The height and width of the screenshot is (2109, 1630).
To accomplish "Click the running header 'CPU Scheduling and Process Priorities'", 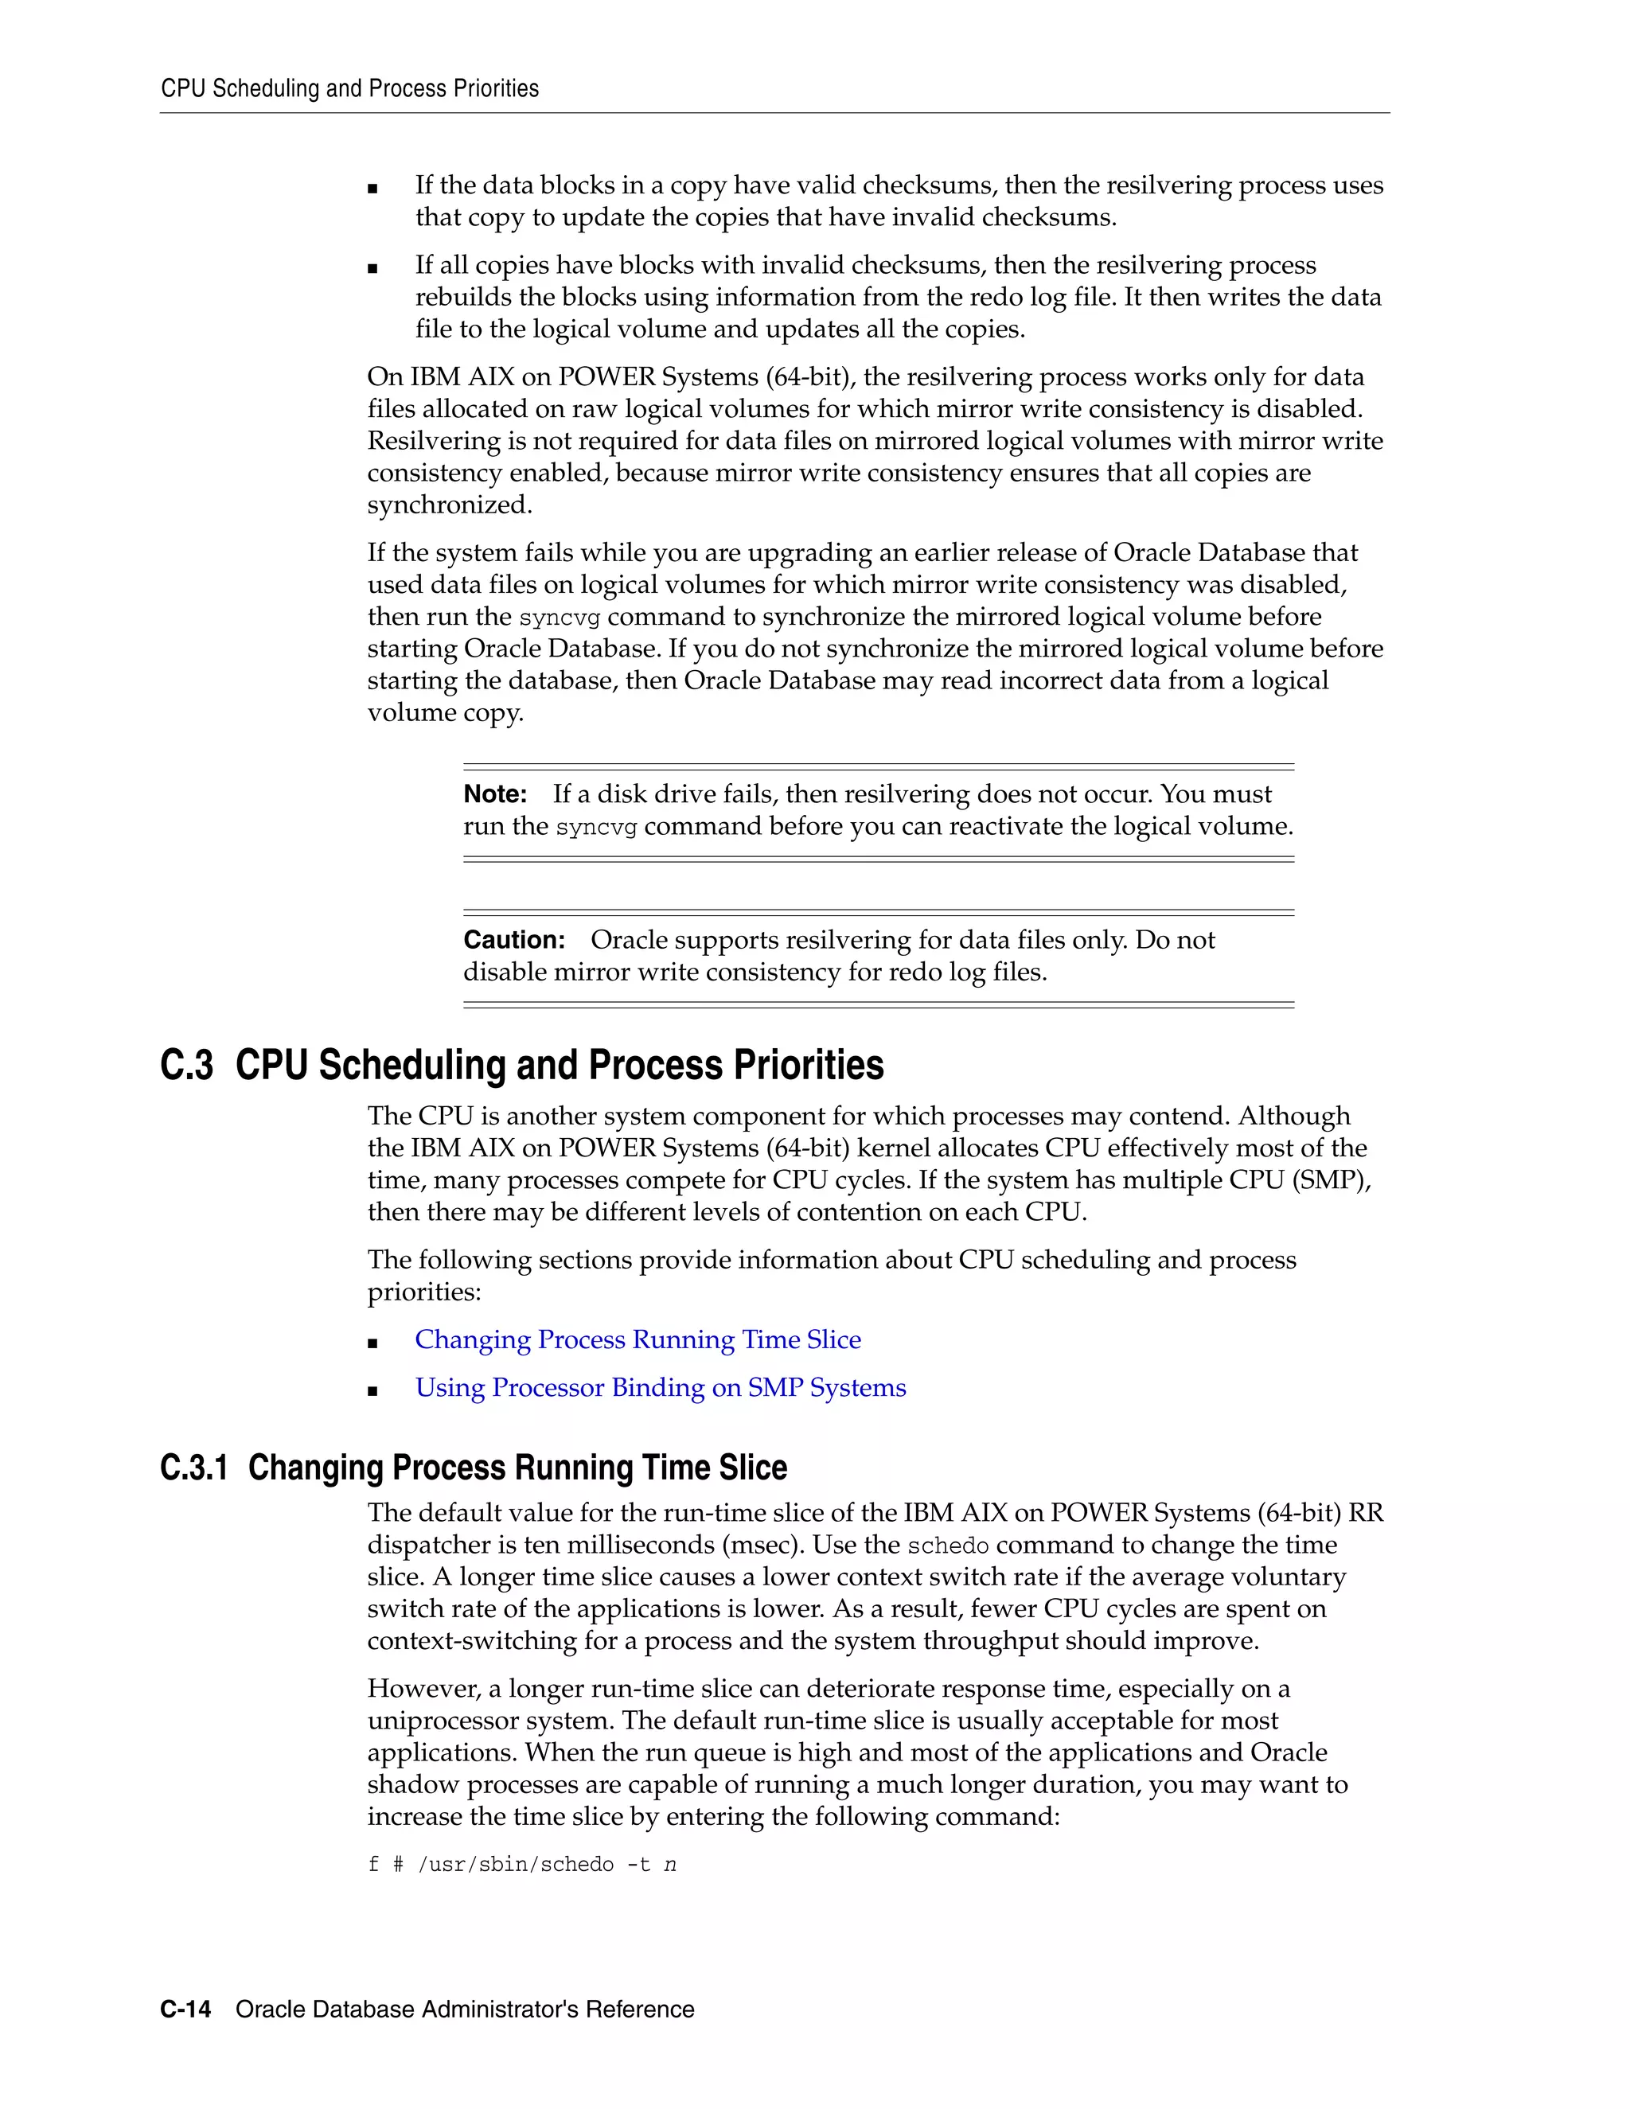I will (349, 89).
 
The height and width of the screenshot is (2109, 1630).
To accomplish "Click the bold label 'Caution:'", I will (513, 941).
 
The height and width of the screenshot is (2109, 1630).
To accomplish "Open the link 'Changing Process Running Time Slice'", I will (638, 1340).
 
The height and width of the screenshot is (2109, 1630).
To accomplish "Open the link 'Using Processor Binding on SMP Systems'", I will (661, 1388).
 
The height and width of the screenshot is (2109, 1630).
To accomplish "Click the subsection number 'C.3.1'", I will (194, 1468).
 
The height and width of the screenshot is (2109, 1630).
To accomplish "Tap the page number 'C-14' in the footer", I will (185, 2010).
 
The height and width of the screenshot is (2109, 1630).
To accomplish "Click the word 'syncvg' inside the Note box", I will (596, 828).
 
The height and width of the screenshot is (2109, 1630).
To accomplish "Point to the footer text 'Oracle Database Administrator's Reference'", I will (465, 2010).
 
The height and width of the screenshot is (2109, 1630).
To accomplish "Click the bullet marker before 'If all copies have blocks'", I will (372, 268).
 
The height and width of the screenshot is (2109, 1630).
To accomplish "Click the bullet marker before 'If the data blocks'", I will (372, 189).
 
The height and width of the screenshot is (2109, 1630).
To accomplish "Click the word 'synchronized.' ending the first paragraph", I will (449, 505).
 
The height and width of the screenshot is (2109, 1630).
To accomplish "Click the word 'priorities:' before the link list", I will (424, 1292).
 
